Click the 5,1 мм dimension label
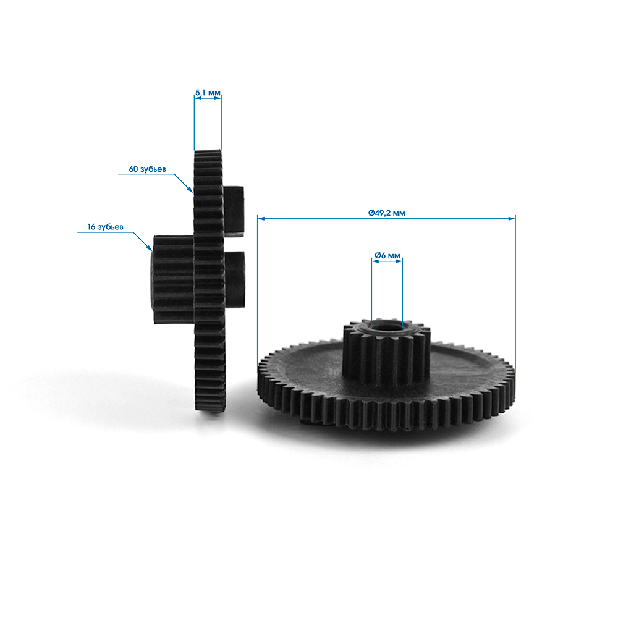click(208, 93)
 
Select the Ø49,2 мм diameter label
click(387, 213)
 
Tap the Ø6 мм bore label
click(387, 255)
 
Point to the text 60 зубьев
click(148, 169)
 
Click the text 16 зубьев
click(105, 227)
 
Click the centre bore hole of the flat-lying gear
click(387, 327)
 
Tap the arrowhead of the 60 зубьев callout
click(191, 189)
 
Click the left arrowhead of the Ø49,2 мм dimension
click(261, 218)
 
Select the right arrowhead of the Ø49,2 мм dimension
click(512, 218)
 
